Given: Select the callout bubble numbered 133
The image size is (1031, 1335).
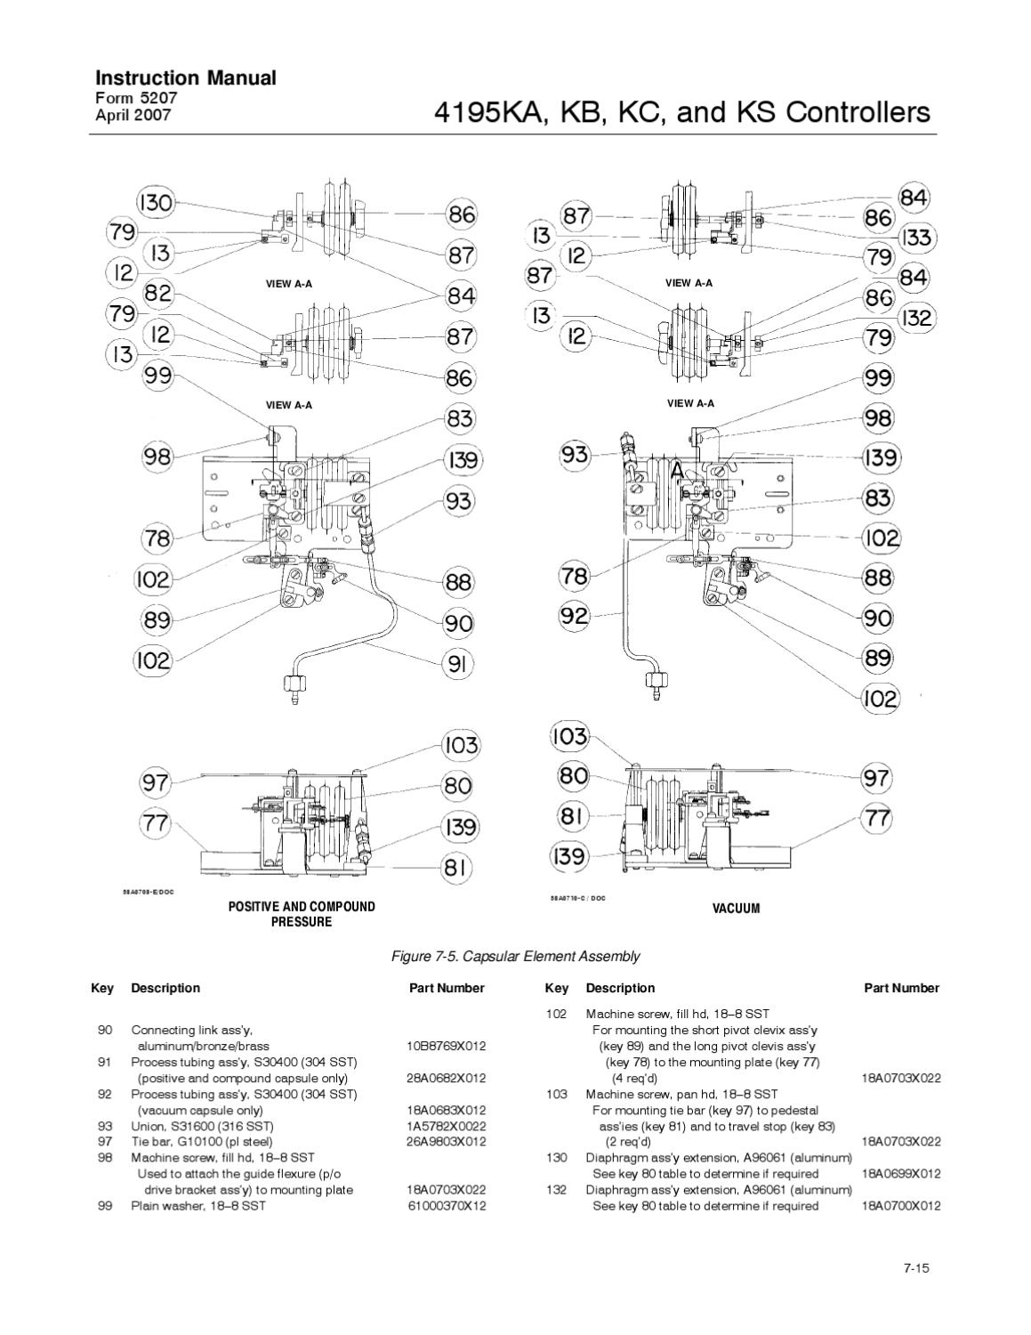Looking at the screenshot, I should pos(916,238).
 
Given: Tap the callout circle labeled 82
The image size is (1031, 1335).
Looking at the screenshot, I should pos(158,293).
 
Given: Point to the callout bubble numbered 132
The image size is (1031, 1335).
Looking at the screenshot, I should pos(916,318).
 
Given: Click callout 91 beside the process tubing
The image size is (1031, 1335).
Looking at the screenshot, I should pos(458,664).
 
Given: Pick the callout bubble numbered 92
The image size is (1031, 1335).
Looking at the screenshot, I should pos(574,615).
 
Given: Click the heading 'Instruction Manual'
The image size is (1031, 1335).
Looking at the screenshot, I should pos(185,78).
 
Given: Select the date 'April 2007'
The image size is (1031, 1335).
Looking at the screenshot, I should pos(133,115).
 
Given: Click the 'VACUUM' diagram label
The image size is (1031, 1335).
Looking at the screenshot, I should pos(736,909).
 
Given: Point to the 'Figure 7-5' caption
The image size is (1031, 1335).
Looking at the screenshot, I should pos(515,957).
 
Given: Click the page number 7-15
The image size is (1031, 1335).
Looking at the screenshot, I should pos(915,1268).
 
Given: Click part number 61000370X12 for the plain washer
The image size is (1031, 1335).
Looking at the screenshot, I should pos(447,1206).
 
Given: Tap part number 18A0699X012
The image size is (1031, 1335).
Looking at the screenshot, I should pos(901,1174).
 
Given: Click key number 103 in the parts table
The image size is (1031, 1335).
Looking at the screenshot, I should pos(556,1094).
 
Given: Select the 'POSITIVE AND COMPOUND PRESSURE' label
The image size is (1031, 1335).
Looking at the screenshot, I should pos(302,914).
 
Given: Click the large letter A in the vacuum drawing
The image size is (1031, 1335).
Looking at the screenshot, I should pos(678,471).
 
